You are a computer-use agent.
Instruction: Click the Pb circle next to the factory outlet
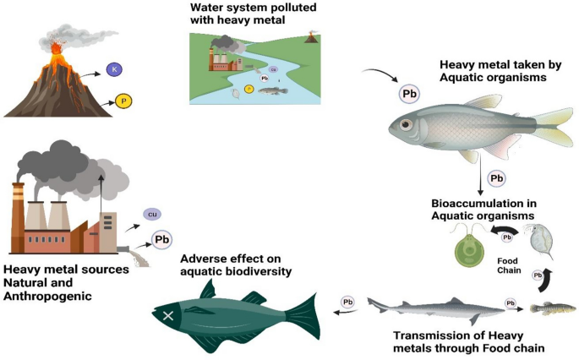point(161,239)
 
